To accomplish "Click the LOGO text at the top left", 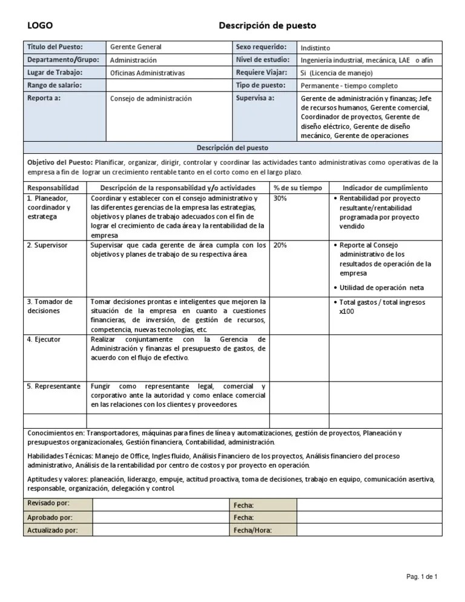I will click(40, 25).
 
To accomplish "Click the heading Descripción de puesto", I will click(267, 25).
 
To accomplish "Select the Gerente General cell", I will click(136, 47).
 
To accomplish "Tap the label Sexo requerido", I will click(262, 47).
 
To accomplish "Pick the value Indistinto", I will click(315, 48).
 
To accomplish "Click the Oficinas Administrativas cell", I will click(147, 73).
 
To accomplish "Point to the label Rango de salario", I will click(54, 85).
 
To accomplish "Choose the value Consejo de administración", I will click(151, 98).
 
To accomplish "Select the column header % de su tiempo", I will click(298, 188).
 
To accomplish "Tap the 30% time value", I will click(280, 199).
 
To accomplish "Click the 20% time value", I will click(280, 245).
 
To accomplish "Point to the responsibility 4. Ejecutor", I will click(44, 340).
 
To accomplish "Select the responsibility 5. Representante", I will click(54, 386).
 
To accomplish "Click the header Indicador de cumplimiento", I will click(385, 188).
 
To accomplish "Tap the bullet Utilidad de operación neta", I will click(381, 288).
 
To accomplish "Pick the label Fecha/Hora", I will click(252, 531).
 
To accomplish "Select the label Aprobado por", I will click(50, 517).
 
